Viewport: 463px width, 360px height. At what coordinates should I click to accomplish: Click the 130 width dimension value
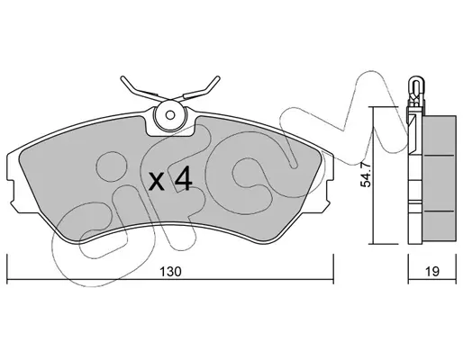click(170, 272)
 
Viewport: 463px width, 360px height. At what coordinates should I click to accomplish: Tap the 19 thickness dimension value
click(431, 272)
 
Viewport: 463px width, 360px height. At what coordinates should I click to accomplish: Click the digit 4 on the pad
click(184, 178)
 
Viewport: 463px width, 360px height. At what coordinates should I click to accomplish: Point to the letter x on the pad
click(157, 182)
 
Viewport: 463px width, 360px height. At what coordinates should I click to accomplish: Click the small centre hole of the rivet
click(170, 115)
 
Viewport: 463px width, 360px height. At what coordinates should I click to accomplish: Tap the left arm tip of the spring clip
click(123, 78)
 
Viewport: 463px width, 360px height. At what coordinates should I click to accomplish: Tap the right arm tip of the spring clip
click(218, 78)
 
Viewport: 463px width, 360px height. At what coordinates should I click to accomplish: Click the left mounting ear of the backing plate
click(12, 192)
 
